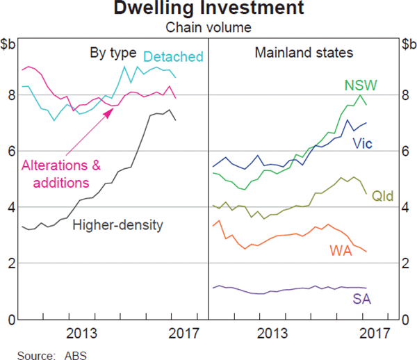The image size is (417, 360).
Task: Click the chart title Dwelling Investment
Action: pos(209,9)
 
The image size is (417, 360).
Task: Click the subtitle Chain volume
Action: pos(208,28)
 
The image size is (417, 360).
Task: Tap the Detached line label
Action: pos(173,57)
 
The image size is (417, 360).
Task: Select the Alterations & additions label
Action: pos(61,174)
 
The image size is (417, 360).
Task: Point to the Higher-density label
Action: pos(117,224)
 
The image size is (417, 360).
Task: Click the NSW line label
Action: pos(360,85)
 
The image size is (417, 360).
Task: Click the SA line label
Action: pos(361,300)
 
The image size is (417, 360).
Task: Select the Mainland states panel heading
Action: pos(303,53)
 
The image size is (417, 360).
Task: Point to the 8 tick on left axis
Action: pos(11,95)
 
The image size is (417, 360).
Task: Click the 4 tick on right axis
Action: pos(407,207)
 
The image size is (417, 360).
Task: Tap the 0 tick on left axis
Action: pos(11,320)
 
